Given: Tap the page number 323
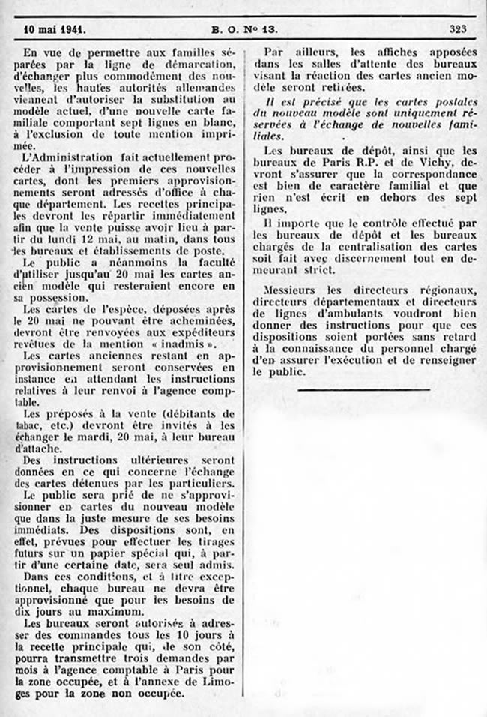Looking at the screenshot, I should pyautogui.click(x=459, y=30).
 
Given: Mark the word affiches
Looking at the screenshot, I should pyautogui.click(x=380, y=52).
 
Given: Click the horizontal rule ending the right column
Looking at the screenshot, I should pyautogui.click(x=363, y=389).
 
